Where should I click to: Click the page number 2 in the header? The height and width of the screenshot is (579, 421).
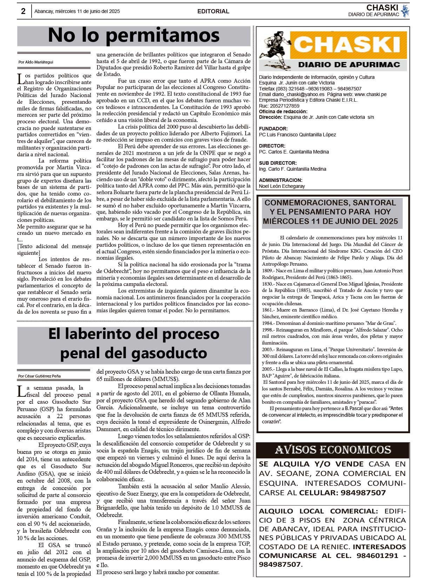[x=23, y=11]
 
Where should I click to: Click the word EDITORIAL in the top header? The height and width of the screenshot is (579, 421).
[x=213, y=11]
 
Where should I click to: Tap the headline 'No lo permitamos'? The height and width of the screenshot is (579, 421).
[x=134, y=35]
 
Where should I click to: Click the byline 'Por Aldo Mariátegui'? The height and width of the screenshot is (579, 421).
[x=36, y=62]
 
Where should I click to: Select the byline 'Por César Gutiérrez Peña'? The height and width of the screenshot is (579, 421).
[x=39, y=376]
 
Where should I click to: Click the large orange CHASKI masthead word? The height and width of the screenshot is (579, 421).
[x=347, y=45]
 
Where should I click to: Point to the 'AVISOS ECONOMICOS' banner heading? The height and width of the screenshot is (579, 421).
[x=333, y=450]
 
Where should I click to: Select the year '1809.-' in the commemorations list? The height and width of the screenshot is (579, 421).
[x=268, y=271]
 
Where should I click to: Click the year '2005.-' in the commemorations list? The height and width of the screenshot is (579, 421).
[x=268, y=369]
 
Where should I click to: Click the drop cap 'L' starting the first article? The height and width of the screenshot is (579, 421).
[x=21, y=79]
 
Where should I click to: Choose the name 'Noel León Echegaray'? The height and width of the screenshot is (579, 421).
[x=282, y=186]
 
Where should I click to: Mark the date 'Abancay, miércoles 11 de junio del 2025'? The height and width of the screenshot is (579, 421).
[x=77, y=11]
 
